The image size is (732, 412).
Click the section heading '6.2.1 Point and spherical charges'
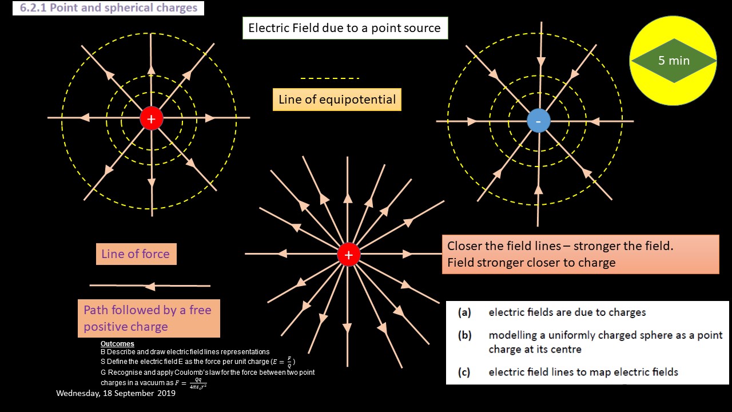coord(109,8)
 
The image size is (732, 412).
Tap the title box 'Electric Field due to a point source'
coord(345,28)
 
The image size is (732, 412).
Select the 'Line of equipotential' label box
coord(337,100)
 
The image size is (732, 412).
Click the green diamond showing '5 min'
coord(673,61)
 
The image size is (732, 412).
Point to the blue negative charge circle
coord(538,121)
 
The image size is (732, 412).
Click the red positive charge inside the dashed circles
coord(152,118)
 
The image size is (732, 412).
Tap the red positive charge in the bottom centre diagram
coord(348,255)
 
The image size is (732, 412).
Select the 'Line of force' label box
coord(136,254)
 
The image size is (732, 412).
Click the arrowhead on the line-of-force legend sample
coord(150,286)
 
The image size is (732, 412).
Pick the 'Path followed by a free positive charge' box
coord(149,318)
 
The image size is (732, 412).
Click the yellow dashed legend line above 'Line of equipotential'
coord(330,78)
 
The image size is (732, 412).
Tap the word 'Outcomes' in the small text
coord(117,344)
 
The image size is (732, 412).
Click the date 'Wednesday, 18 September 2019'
coord(116,393)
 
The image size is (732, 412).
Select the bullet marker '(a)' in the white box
coord(464,312)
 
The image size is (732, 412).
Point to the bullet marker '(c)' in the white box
coord(464,373)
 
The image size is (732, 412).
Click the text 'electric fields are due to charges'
coord(567,312)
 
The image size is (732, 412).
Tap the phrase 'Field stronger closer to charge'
coord(531,263)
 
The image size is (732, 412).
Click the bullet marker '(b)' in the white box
coord(464,335)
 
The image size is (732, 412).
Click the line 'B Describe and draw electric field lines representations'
coord(185,351)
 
